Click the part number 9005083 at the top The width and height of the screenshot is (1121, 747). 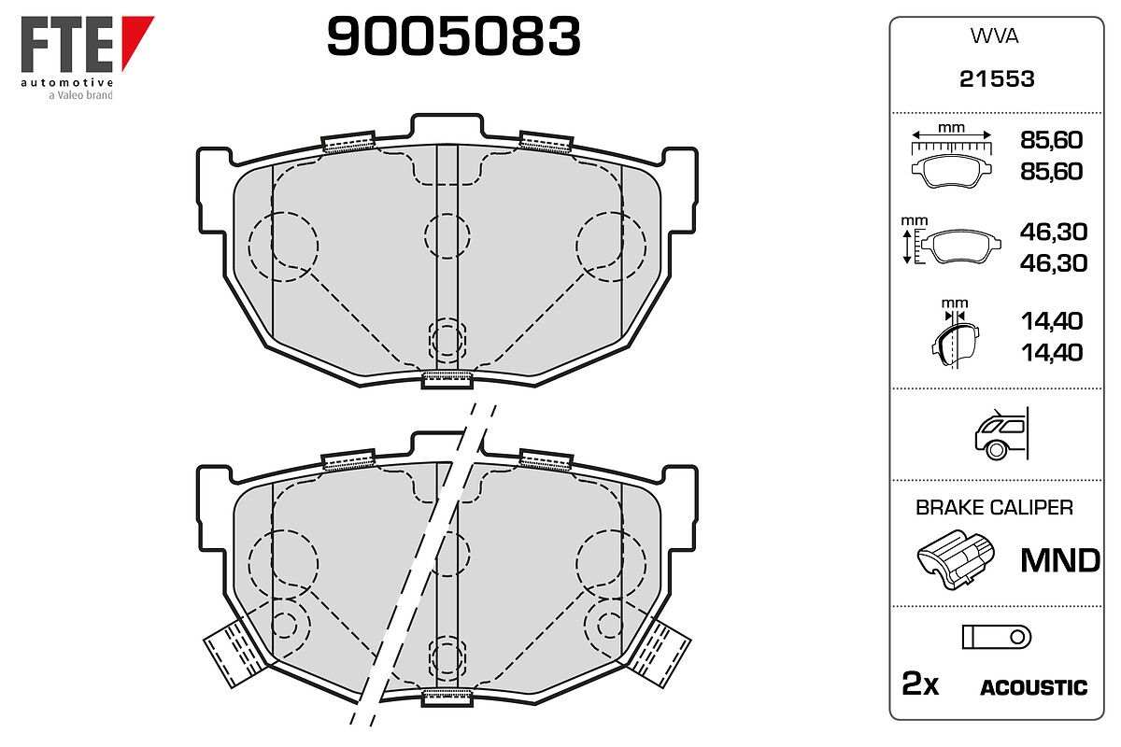pos(453,36)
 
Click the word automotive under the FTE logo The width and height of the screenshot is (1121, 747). pos(67,82)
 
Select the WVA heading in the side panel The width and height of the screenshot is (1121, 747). pos(994,36)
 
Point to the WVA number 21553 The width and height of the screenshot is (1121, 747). pos(997,79)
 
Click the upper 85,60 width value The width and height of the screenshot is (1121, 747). pos(1051,140)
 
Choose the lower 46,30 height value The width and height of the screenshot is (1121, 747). pos(1054,263)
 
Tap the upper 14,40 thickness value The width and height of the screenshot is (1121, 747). pos(1052,321)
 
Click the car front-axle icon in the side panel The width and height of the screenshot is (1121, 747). pos(1001,434)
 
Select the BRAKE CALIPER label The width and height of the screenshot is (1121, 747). pos(994,508)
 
